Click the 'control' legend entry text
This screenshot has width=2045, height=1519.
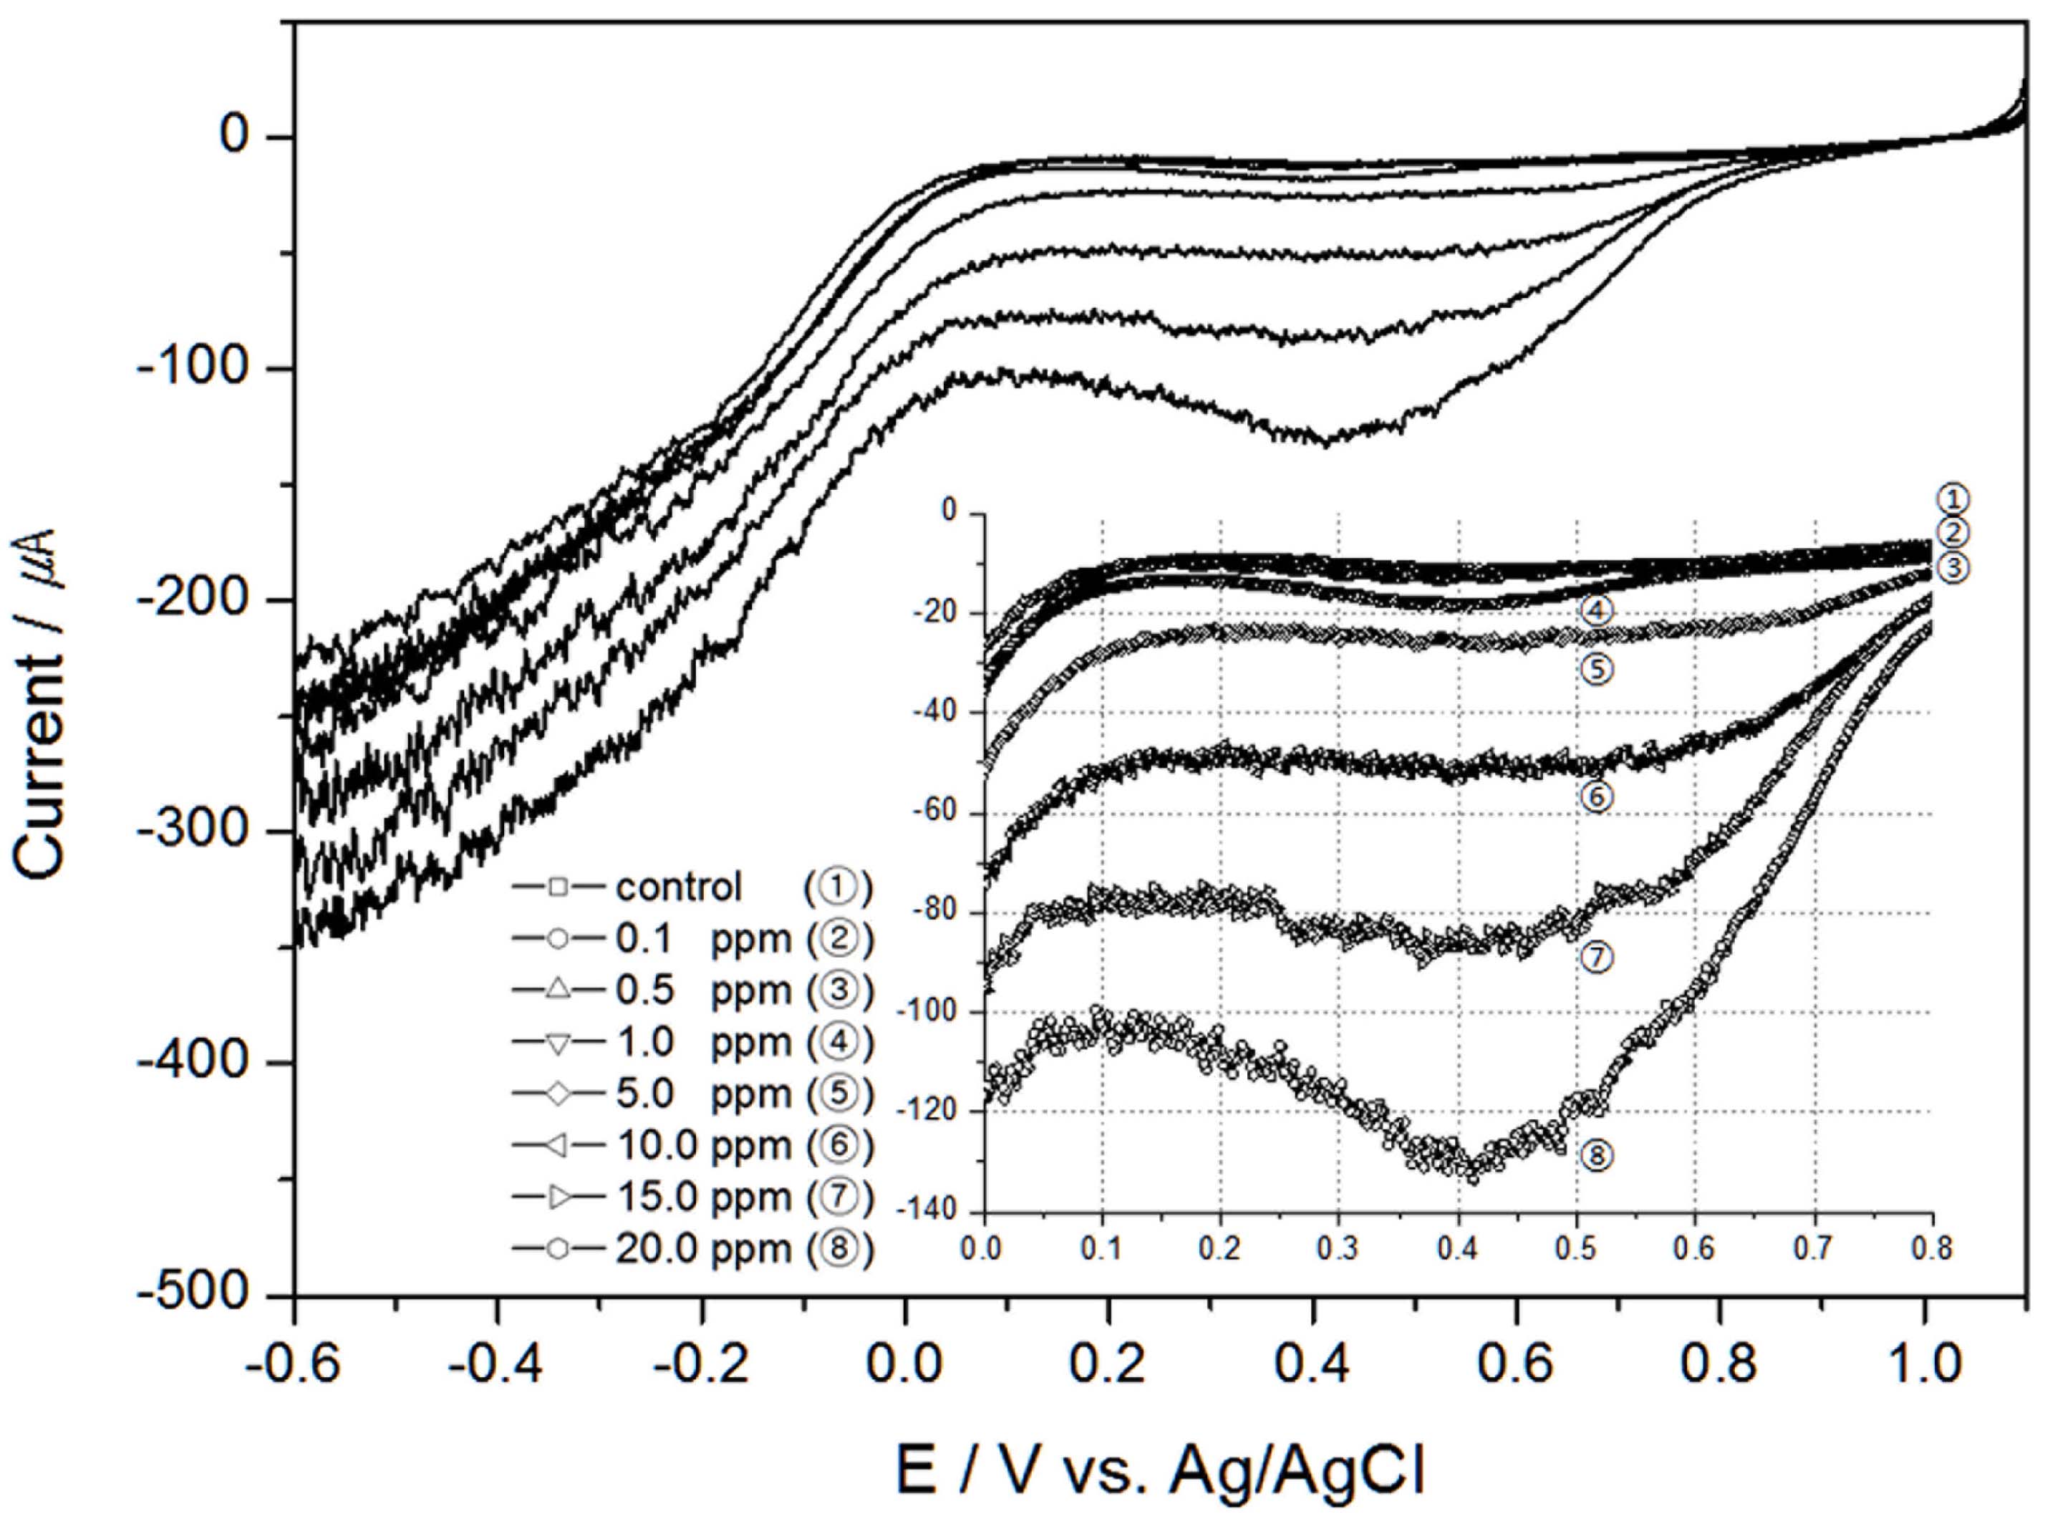pos(678,887)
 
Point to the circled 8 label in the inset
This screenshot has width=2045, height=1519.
pos(1597,1156)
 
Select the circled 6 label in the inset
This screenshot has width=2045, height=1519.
pos(1597,796)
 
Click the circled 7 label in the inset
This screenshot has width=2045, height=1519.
pos(1597,958)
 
